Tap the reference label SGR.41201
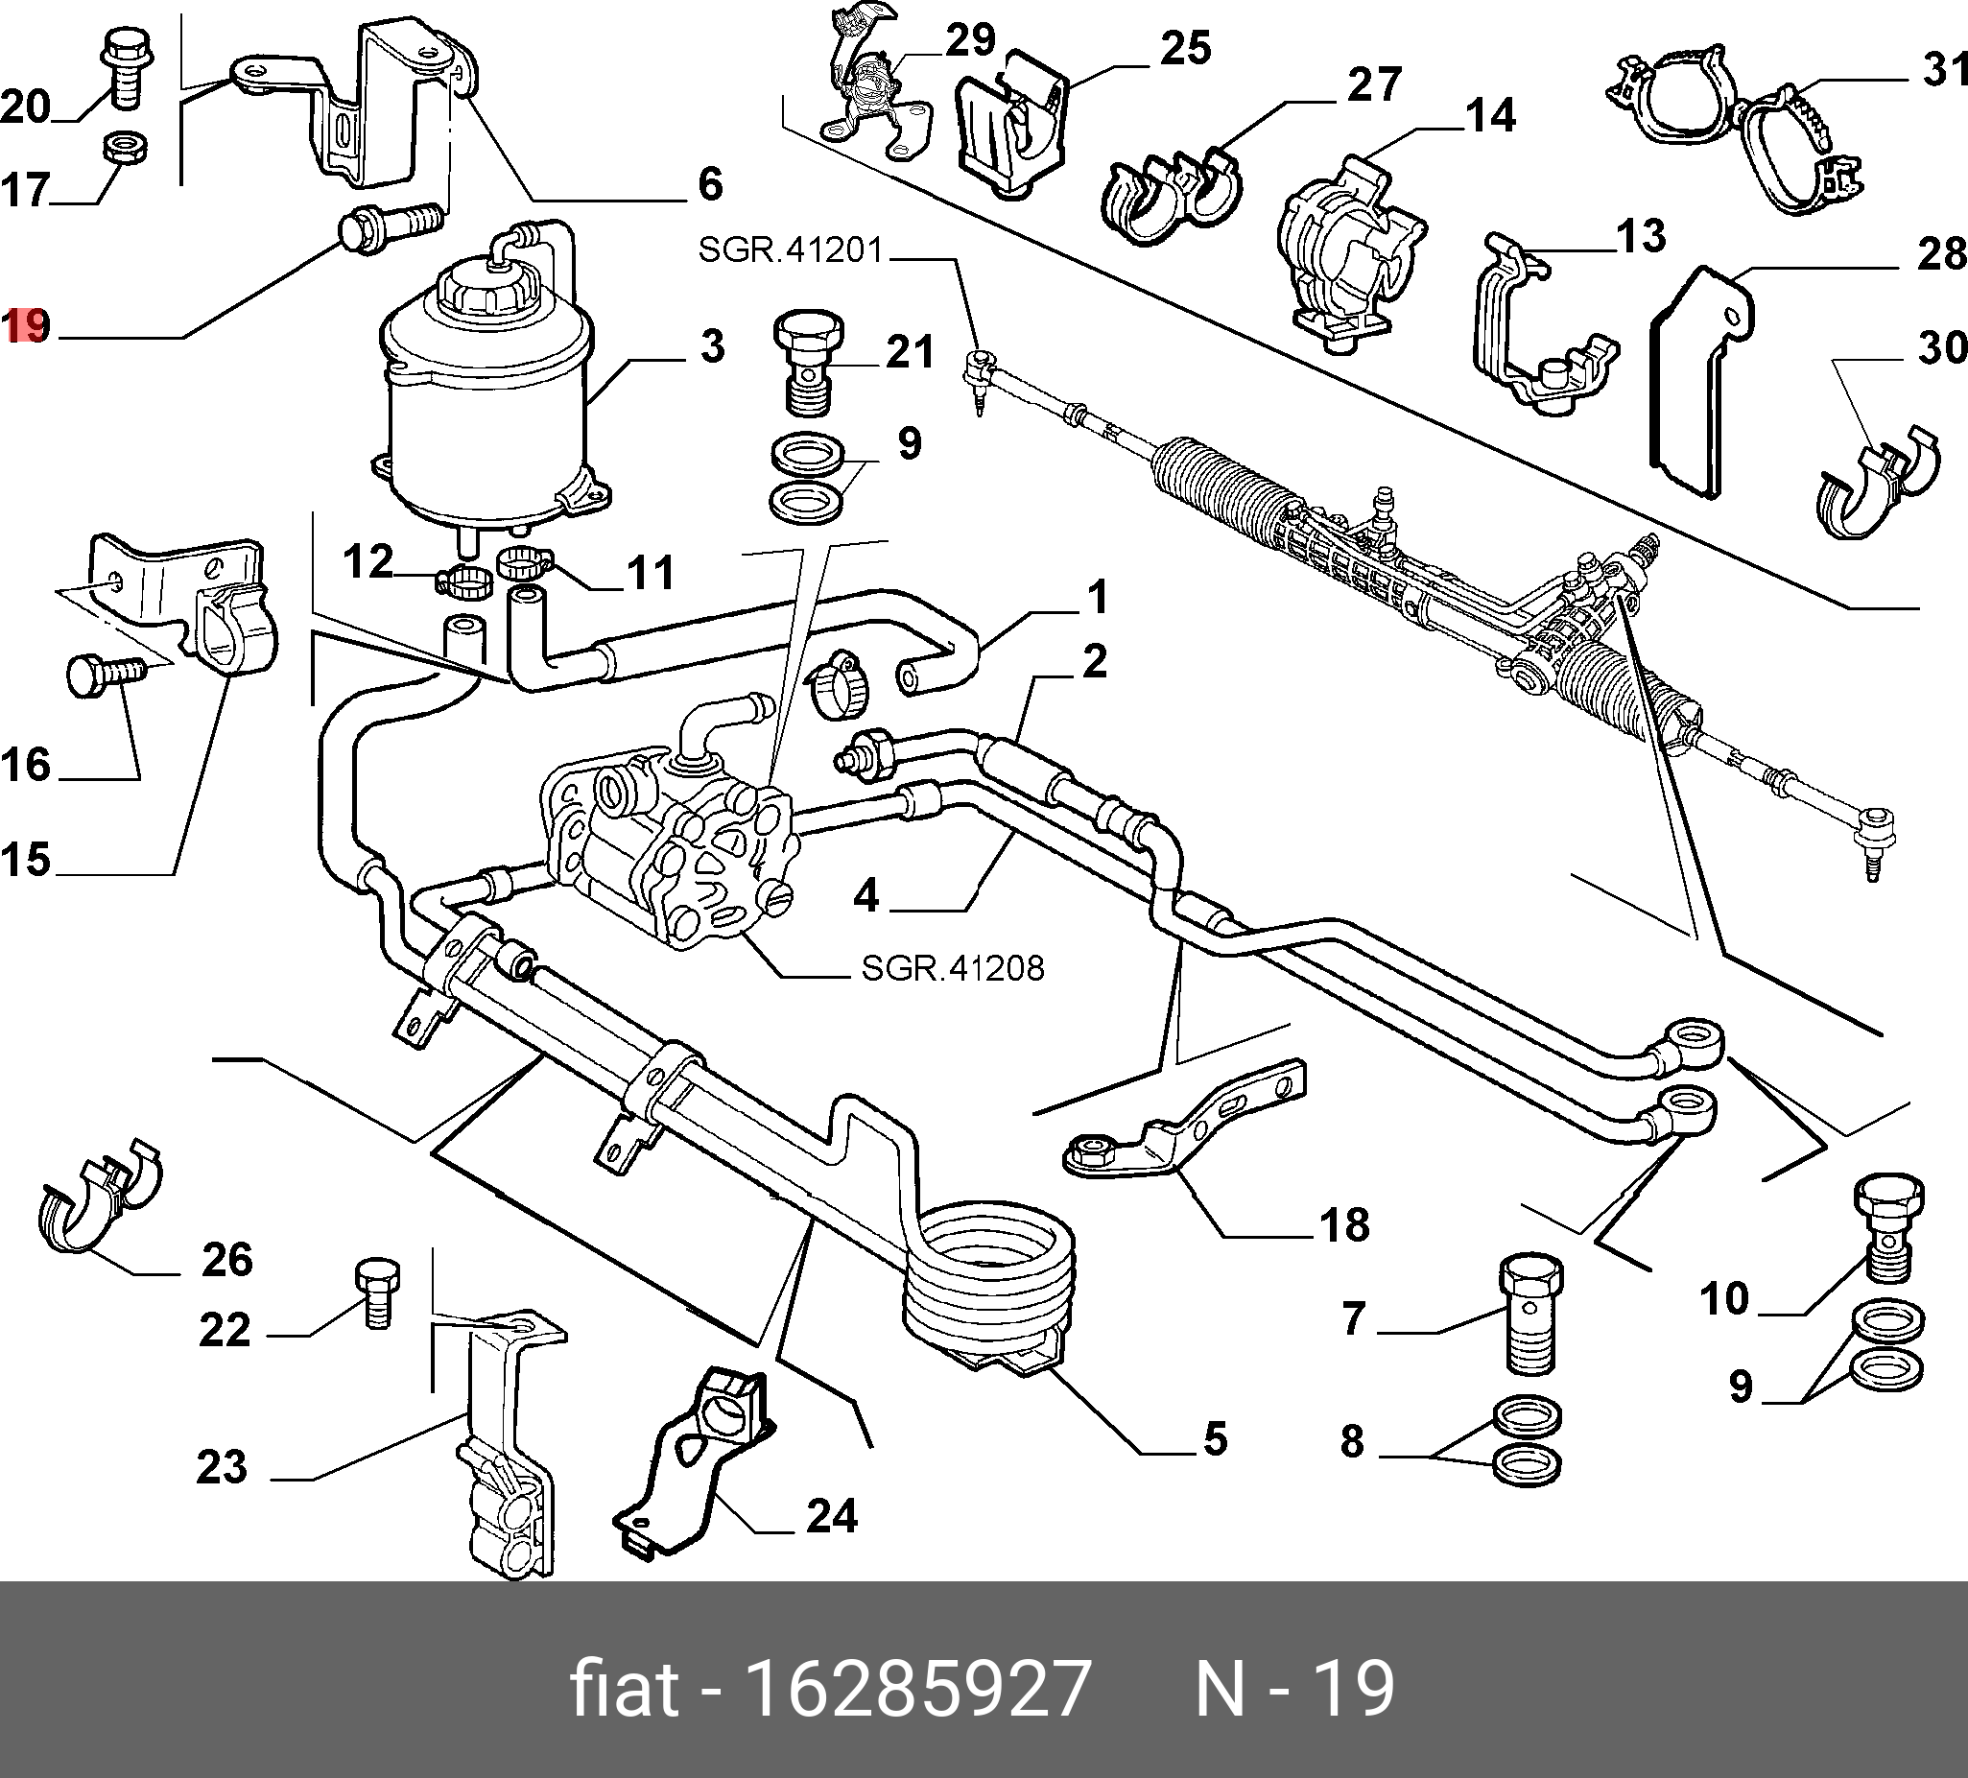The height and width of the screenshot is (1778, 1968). (790, 251)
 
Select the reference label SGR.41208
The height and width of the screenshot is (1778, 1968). (952, 967)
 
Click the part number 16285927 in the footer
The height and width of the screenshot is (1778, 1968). (916, 1687)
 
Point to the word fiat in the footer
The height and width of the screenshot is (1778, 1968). (623, 1687)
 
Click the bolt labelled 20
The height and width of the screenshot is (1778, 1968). (123, 68)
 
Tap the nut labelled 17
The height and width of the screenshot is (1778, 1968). (125, 149)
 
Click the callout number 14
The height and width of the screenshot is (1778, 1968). (1491, 115)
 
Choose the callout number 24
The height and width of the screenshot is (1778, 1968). (832, 1516)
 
